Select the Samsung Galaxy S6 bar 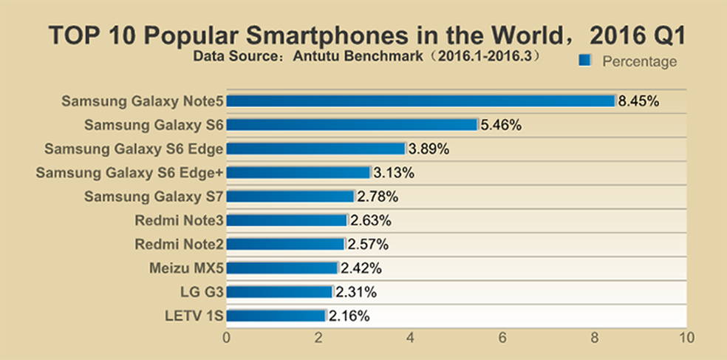[x=352, y=125]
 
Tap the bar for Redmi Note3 [x=286, y=220]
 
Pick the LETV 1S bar [x=276, y=316]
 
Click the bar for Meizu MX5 [x=281, y=268]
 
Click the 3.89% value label [x=429, y=149]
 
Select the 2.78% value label [x=378, y=197]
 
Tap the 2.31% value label [x=355, y=292]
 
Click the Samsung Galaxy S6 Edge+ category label [x=129, y=173]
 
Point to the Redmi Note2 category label [x=179, y=244]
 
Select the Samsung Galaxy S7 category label [x=154, y=197]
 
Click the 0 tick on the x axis [x=226, y=338]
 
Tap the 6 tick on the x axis [x=502, y=338]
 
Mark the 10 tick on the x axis [x=686, y=338]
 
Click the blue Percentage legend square [x=585, y=60]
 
